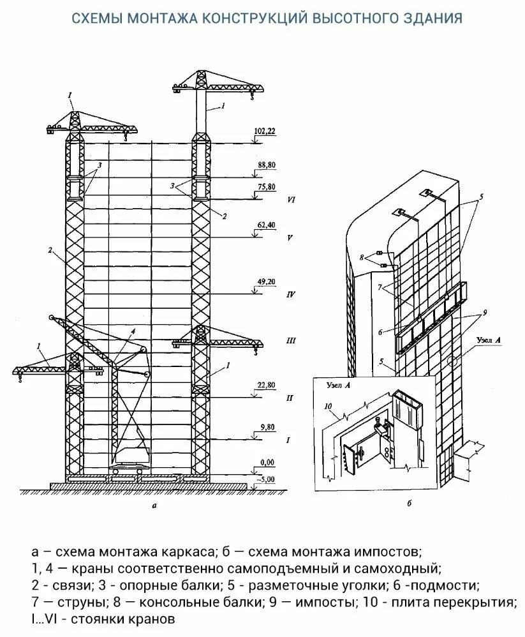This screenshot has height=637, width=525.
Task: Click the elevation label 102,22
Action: pyautogui.click(x=265, y=131)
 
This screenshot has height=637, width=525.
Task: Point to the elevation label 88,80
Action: pyautogui.click(x=265, y=165)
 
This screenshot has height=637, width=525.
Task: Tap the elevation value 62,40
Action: pyautogui.click(x=265, y=225)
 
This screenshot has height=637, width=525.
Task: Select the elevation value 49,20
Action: pyautogui.click(x=265, y=281)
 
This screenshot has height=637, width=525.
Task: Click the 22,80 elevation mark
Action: pyautogui.click(x=265, y=385)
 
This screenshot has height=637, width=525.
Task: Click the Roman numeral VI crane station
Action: pyautogui.click(x=290, y=200)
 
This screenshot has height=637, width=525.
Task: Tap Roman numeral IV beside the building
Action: pyautogui.click(x=290, y=295)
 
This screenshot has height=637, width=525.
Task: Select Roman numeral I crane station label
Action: pyautogui.click(x=288, y=440)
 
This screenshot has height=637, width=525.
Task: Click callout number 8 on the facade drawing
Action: pyautogui.click(x=363, y=257)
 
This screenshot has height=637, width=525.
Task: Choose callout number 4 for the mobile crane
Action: pyautogui.click(x=133, y=331)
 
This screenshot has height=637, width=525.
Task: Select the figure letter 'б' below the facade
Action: pyautogui.click(x=408, y=504)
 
